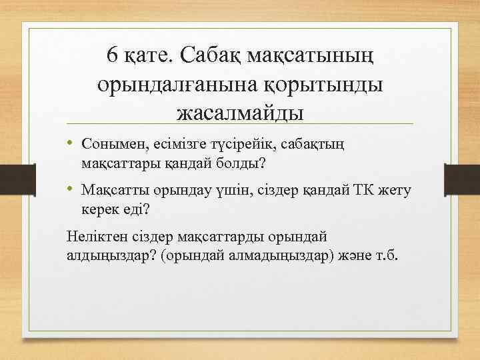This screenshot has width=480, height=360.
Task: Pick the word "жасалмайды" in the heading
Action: (240, 111)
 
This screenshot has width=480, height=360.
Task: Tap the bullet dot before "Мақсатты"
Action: (71, 190)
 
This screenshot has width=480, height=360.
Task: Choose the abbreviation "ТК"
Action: (360, 191)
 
